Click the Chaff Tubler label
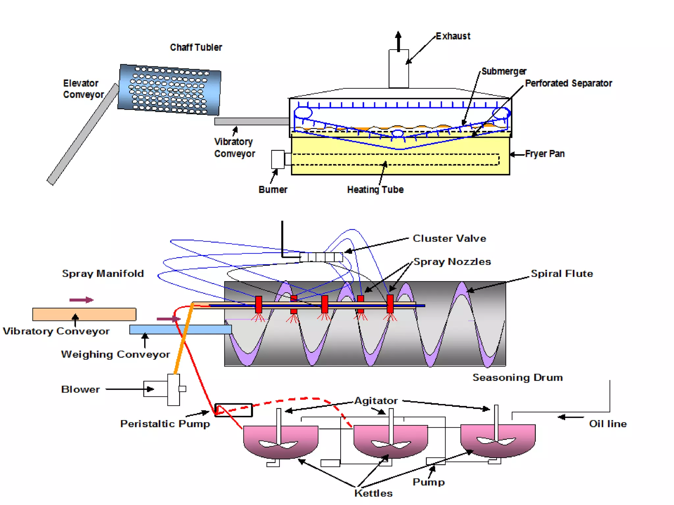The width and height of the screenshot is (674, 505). pyautogui.click(x=196, y=47)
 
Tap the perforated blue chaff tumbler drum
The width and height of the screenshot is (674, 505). pyautogui.click(x=169, y=89)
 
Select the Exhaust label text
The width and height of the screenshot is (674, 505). pyautogui.click(x=453, y=36)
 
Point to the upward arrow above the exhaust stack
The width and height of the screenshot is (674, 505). pyautogui.click(x=398, y=41)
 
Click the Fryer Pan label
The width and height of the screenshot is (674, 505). pyautogui.click(x=545, y=154)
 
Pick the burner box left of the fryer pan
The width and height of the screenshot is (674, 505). pyautogui.click(x=278, y=159)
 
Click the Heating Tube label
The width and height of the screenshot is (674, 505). pyautogui.click(x=375, y=190)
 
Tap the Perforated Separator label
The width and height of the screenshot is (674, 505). pyautogui.click(x=568, y=84)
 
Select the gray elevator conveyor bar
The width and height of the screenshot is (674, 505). pyautogui.click(x=82, y=135)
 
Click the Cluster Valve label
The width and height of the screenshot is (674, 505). pyautogui.click(x=449, y=238)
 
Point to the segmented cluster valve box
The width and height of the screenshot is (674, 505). pyautogui.click(x=321, y=257)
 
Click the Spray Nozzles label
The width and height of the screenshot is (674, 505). pyautogui.click(x=452, y=262)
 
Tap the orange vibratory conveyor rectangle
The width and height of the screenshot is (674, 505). pyautogui.click(x=84, y=314)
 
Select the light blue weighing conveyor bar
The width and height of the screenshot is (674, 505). pyautogui.click(x=180, y=329)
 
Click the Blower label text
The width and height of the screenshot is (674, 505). pyautogui.click(x=80, y=389)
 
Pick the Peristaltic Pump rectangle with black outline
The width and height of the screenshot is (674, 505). pyautogui.click(x=233, y=410)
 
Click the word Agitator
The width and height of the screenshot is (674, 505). pyautogui.click(x=376, y=401)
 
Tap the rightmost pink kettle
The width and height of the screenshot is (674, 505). pyautogui.click(x=498, y=441)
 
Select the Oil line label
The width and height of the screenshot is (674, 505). pyautogui.click(x=608, y=424)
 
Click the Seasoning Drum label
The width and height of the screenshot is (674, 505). pyautogui.click(x=517, y=377)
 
